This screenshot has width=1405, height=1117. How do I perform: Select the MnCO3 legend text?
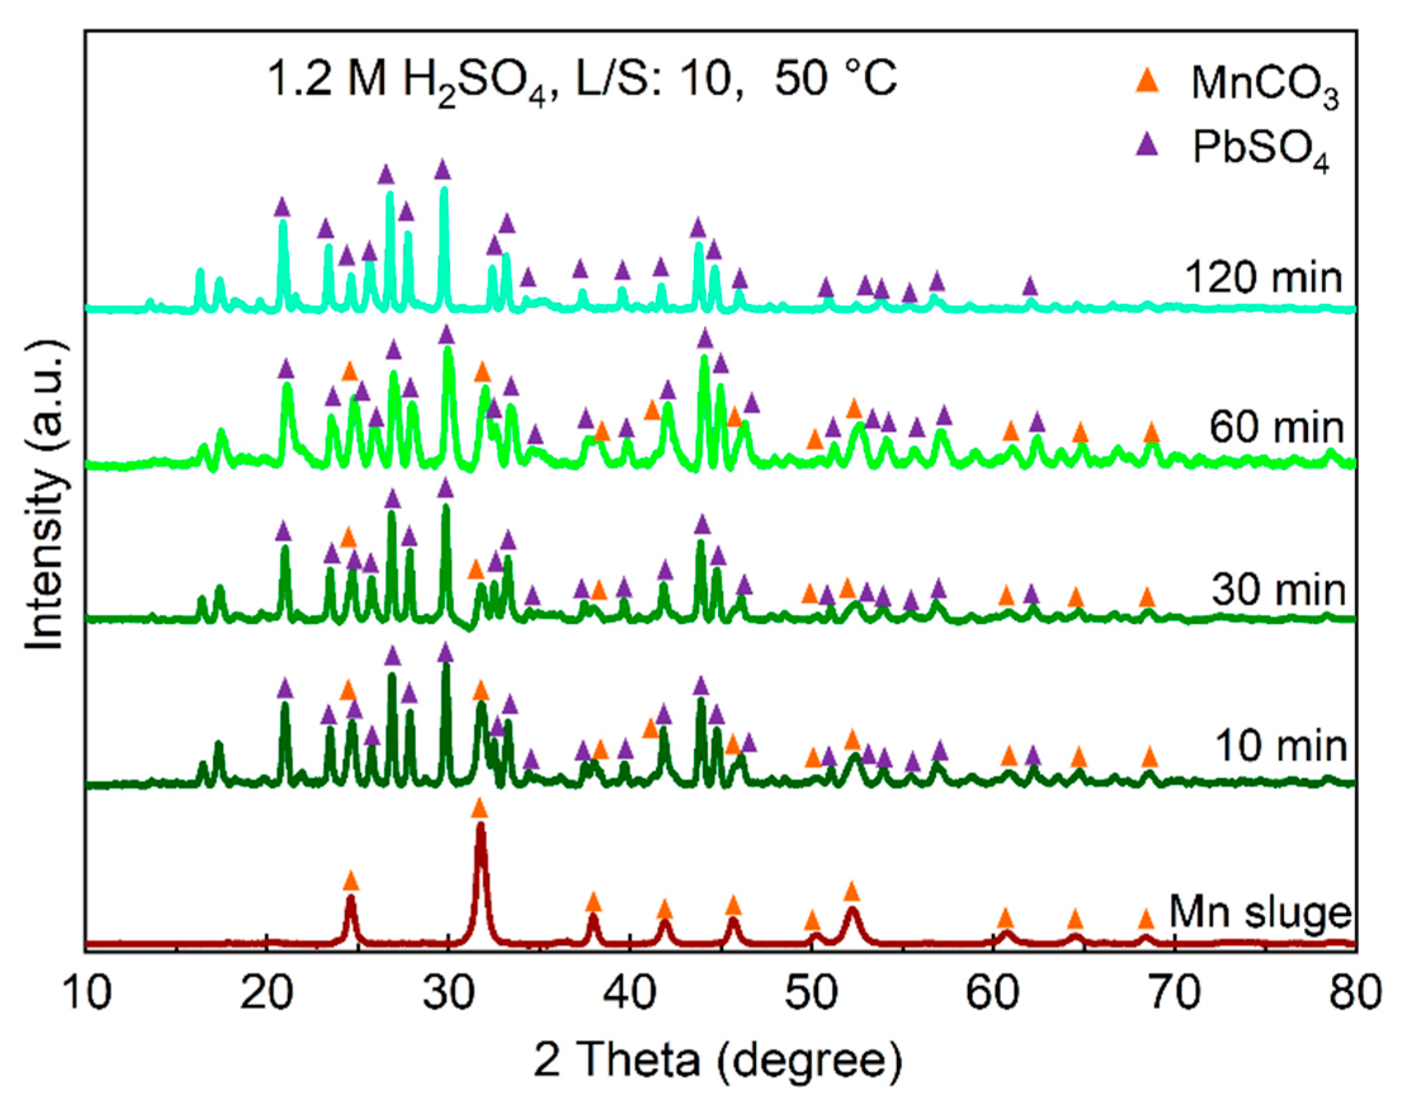[x=1264, y=85]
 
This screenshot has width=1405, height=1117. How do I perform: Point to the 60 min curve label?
[x=1276, y=428]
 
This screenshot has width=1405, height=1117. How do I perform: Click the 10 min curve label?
[x=1281, y=746]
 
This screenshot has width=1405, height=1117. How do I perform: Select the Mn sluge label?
[x=1260, y=911]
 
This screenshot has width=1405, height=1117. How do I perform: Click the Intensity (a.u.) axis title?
[x=46, y=496]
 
